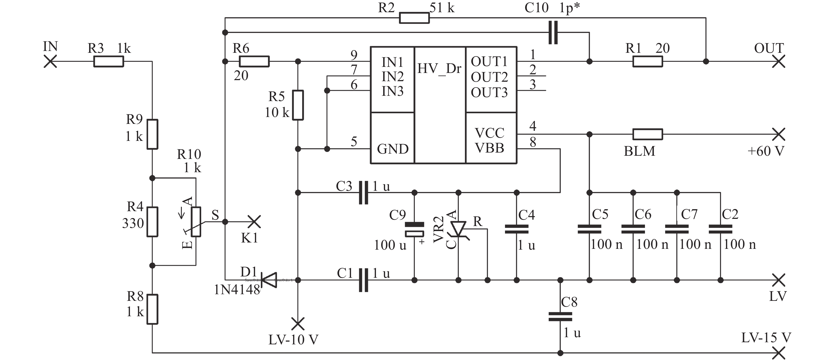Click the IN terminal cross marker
coord(50,61)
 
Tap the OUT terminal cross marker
coord(779,61)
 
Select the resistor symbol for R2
coord(414,18)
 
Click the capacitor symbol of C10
coord(553,32)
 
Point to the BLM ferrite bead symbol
coord(648,134)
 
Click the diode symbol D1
coord(269,280)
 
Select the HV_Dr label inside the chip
coord(439,69)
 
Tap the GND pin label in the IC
coord(393,149)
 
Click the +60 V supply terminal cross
coord(779,134)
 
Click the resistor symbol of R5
coord(298,105)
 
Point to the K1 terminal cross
coord(254,222)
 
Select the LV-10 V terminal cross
coord(298,324)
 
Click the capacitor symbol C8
coord(560,316)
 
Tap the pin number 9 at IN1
coord(354,55)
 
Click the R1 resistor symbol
coord(648,61)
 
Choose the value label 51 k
coord(442,8)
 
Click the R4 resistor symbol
coord(152,222)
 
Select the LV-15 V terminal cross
coord(779,353)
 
